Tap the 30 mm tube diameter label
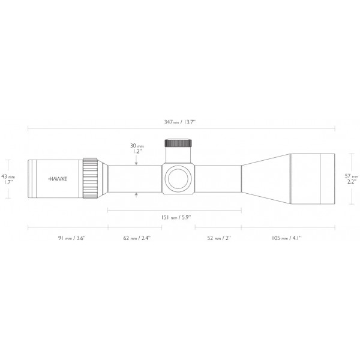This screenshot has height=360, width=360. click(137, 145)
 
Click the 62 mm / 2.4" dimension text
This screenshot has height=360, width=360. click(137, 238)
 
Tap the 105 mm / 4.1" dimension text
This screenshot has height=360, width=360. click(287, 238)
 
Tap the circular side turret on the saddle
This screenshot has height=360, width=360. click(178, 178)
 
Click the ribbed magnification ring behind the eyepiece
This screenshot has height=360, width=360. click(91, 178)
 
